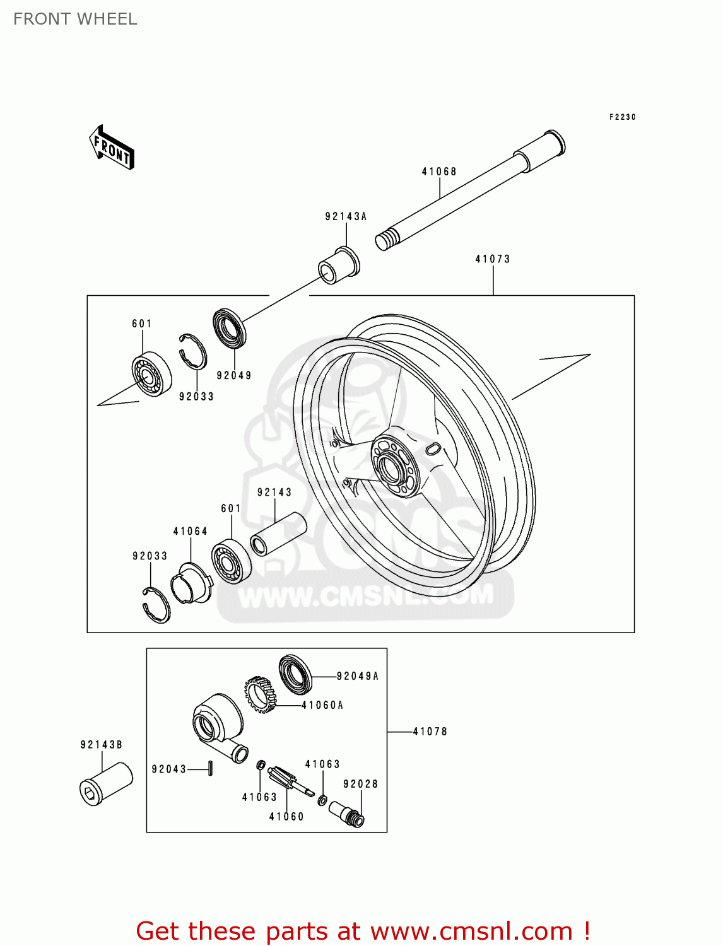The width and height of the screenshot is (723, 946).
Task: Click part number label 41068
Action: pyautogui.click(x=439, y=172)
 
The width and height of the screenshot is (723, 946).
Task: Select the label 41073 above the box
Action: pyautogui.click(x=493, y=259)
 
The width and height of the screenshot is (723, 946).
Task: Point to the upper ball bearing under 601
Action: pyautogui.click(x=151, y=374)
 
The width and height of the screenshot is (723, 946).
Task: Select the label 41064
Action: pyautogui.click(x=191, y=532)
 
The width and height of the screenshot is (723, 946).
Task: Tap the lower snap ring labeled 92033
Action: pyautogui.click(x=156, y=604)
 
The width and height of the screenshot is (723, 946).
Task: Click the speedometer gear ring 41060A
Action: pyautogui.click(x=261, y=694)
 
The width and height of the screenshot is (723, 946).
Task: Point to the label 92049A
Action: pyautogui.click(x=358, y=676)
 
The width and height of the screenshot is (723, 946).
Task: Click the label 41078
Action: pyautogui.click(x=430, y=732)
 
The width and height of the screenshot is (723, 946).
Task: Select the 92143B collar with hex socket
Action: pyautogui.click(x=106, y=783)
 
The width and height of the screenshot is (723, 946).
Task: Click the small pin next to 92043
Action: pyautogui.click(x=211, y=769)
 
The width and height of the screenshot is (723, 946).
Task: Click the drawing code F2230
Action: pyautogui.click(x=623, y=117)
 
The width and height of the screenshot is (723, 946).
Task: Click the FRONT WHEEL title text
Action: pyautogui.click(x=75, y=20)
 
